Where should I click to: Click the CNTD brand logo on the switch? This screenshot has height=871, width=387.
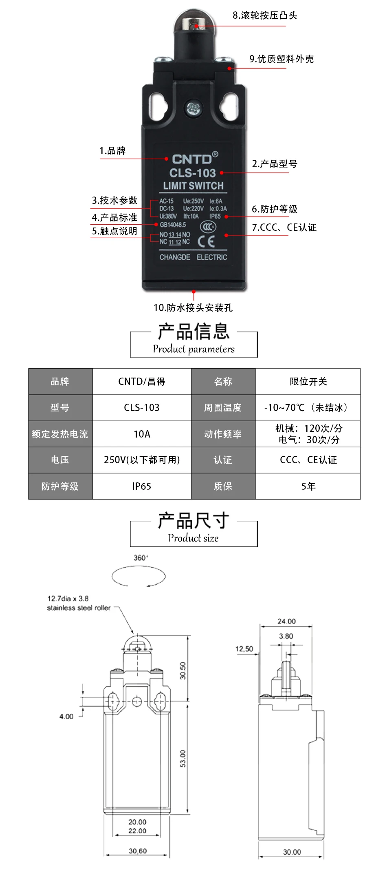[x=193, y=159]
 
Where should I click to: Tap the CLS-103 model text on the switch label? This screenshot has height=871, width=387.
[x=192, y=173]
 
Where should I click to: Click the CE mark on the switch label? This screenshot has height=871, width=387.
[x=206, y=242]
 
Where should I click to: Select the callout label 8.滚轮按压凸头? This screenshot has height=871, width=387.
[x=265, y=15]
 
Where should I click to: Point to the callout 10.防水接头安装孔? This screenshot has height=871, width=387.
[x=193, y=307]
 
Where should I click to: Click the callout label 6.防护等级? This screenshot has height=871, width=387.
[x=275, y=209]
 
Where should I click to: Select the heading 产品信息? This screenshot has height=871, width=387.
[x=193, y=331]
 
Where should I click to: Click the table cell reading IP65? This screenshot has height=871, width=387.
[x=142, y=486]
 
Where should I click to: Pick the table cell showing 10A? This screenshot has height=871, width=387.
[x=142, y=434]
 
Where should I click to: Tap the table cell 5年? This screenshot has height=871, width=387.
[x=308, y=486]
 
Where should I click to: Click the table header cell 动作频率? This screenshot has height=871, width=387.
[x=223, y=434]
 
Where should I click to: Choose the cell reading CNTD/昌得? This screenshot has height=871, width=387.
[x=142, y=381]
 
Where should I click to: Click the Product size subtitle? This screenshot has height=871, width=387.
[x=193, y=538]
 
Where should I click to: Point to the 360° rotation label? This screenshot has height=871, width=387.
[x=141, y=557]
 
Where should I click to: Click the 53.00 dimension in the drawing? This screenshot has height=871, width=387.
[x=183, y=758]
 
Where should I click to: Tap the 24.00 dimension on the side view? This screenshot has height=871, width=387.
[x=286, y=621]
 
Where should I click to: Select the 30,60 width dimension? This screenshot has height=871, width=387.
[x=138, y=851]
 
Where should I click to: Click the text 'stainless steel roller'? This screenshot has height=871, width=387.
[x=79, y=608]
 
